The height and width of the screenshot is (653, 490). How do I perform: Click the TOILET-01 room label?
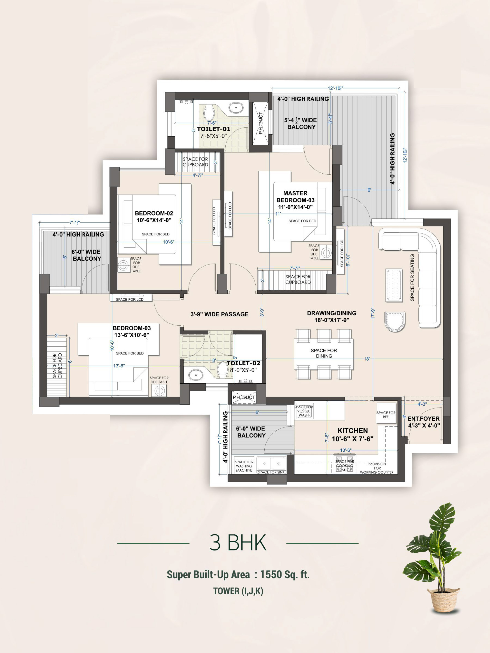214,129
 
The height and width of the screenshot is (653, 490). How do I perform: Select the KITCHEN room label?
353,431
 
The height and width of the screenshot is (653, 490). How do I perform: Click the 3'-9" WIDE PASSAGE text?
220,314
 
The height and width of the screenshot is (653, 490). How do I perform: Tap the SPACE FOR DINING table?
324,353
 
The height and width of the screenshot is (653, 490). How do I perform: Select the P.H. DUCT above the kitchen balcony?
244,397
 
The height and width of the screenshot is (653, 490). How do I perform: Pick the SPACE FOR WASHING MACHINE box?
244,466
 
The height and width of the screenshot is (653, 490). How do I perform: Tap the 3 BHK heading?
238,543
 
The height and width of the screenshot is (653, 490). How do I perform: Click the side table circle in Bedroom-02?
123,265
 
